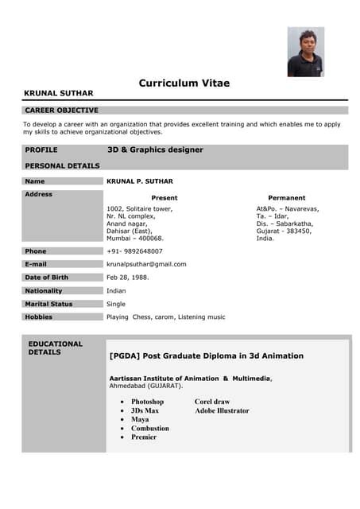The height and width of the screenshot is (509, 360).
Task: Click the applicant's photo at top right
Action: click(x=305, y=52)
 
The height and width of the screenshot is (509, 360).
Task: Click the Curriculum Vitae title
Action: click(x=184, y=83)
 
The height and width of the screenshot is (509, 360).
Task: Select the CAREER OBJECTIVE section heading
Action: click(x=62, y=110)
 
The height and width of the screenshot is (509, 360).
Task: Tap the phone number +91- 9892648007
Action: click(x=134, y=251)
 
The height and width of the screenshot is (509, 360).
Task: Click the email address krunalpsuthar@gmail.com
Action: click(x=146, y=264)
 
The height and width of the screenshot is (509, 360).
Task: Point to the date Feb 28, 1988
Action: click(x=128, y=278)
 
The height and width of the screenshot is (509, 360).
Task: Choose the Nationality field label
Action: click(x=47, y=290)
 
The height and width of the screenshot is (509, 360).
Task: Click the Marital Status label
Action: click(x=49, y=304)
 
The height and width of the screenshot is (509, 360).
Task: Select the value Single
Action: click(x=116, y=304)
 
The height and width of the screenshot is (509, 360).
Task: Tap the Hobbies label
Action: click(x=39, y=317)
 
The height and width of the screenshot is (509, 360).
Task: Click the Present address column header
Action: click(x=165, y=197)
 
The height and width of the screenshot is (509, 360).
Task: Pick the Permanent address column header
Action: click(x=286, y=197)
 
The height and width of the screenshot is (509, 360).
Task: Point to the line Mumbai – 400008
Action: click(x=135, y=238)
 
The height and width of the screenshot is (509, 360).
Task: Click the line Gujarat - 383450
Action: click(x=284, y=231)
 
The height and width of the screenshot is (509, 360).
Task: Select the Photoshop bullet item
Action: click(x=147, y=402)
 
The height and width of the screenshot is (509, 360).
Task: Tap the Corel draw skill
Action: click(x=212, y=402)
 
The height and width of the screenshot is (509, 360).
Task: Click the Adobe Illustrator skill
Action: click(x=222, y=410)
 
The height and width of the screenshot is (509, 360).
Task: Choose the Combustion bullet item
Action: click(x=150, y=428)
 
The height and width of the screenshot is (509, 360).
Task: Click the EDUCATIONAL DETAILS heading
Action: click(x=56, y=348)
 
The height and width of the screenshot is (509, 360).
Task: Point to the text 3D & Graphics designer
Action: click(x=155, y=150)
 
